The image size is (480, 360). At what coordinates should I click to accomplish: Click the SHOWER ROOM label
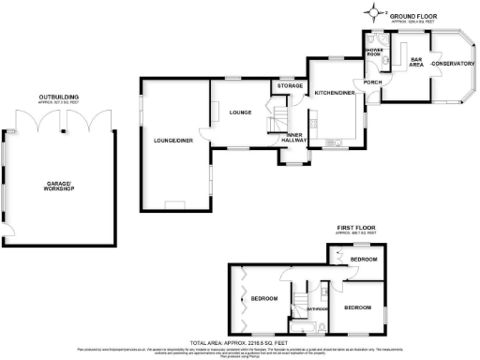coord(373,53)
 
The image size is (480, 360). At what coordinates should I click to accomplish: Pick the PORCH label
coord(372,82)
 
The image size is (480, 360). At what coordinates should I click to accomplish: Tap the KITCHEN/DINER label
coord(334,94)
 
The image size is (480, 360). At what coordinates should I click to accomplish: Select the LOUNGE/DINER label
coord(172,142)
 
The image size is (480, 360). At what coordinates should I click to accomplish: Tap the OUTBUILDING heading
coord(58,96)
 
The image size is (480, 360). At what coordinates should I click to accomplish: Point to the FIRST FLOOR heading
coord(360,227)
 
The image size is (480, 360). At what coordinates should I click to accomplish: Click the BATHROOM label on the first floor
coord(315,307)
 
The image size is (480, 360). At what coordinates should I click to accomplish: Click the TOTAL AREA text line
coord(239,343)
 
